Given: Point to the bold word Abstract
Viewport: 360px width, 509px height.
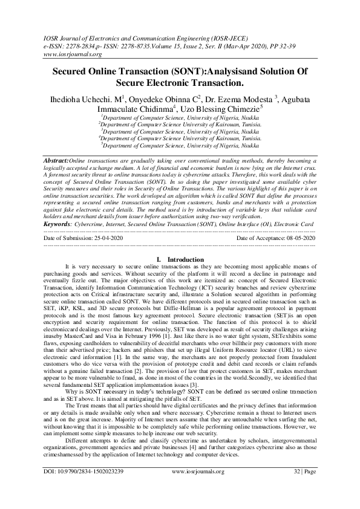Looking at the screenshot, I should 55,160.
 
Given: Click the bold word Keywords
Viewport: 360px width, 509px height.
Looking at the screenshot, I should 56,223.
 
